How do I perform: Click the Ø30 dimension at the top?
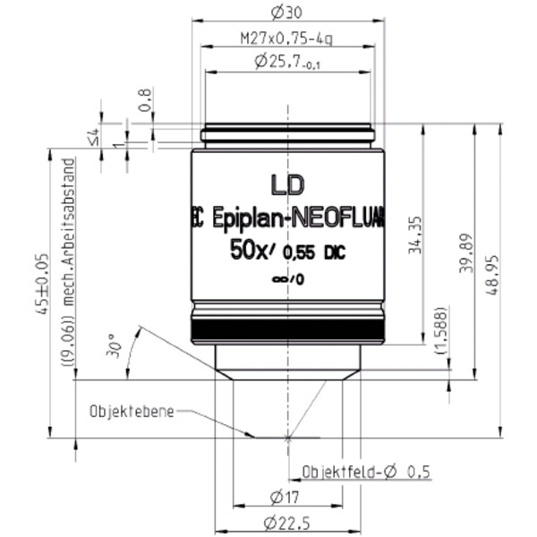(x=287, y=13)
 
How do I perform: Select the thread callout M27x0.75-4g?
(x=287, y=39)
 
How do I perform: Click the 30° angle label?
(x=112, y=345)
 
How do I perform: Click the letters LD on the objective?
(x=288, y=184)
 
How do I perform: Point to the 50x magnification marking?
(x=249, y=253)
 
